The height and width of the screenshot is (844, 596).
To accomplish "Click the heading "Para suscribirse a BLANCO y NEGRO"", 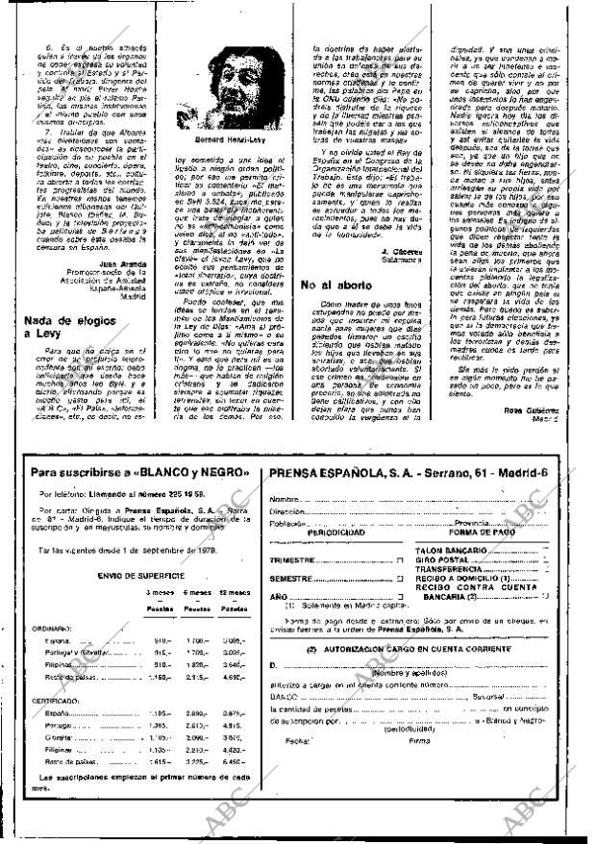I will [x=138, y=473].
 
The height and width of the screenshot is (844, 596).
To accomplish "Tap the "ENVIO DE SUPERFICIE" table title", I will [x=139, y=572].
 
